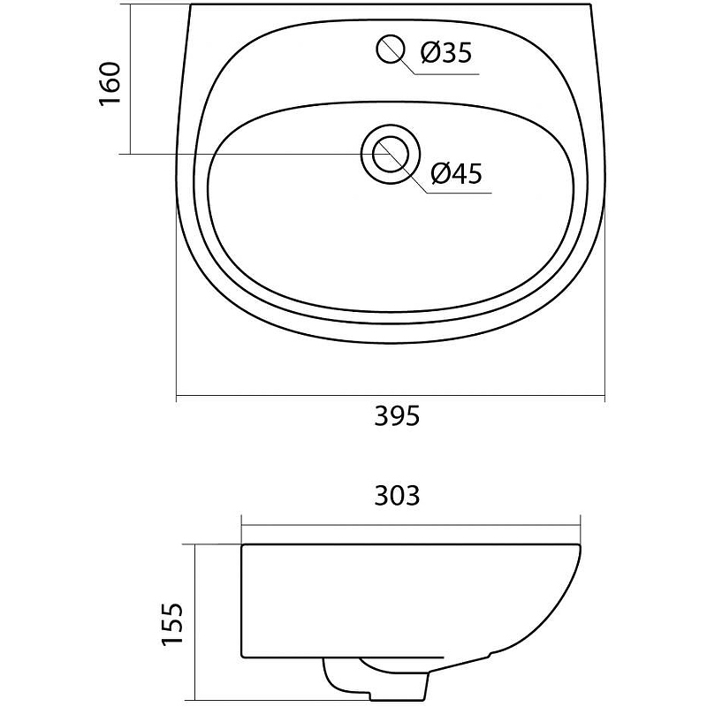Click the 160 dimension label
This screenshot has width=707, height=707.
pos(110,84)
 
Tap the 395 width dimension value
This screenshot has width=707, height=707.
pos(397,416)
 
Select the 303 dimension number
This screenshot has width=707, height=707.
pos(397,496)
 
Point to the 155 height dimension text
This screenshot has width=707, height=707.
pos(172,624)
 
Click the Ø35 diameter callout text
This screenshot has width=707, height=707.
pos(446,53)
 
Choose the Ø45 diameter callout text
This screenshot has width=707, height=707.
pos(456,173)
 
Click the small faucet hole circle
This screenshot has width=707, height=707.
pos(391,49)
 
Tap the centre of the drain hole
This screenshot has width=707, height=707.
pos(391,155)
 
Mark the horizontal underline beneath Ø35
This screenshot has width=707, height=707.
pos(446,74)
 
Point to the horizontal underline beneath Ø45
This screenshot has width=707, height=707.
pos(459,194)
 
